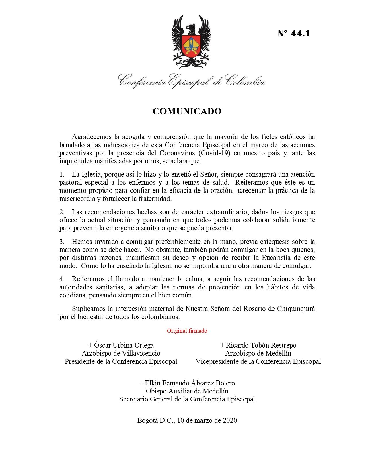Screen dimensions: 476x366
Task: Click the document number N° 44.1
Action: (294, 34)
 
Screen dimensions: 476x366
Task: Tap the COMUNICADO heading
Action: (187, 111)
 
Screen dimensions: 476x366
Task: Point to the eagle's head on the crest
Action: (190, 28)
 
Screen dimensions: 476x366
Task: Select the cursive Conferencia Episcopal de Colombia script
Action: (192, 80)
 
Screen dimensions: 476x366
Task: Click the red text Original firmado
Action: (187, 331)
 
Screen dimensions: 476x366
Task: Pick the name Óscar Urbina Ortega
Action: (121, 345)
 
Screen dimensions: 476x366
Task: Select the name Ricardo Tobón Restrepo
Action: (258, 345)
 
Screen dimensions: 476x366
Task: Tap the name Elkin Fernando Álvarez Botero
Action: (187, 383)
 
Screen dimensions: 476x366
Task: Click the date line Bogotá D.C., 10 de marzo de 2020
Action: (187, 420)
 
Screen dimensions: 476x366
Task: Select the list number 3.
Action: (62, 242)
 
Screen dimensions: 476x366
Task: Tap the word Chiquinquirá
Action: (296, 309)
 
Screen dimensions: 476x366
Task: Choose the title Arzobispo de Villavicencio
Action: (121, 353)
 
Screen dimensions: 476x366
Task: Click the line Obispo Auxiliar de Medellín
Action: (187, 391)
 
